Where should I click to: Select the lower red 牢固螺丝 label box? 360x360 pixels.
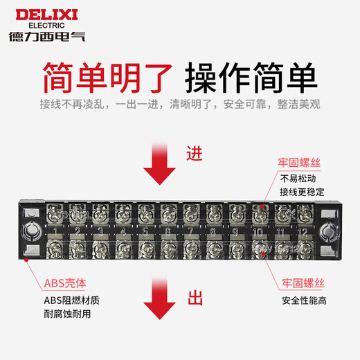(305, 283)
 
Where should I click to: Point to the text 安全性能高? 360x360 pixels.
(305, 300)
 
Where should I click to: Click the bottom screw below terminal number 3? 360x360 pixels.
(100, 248)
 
